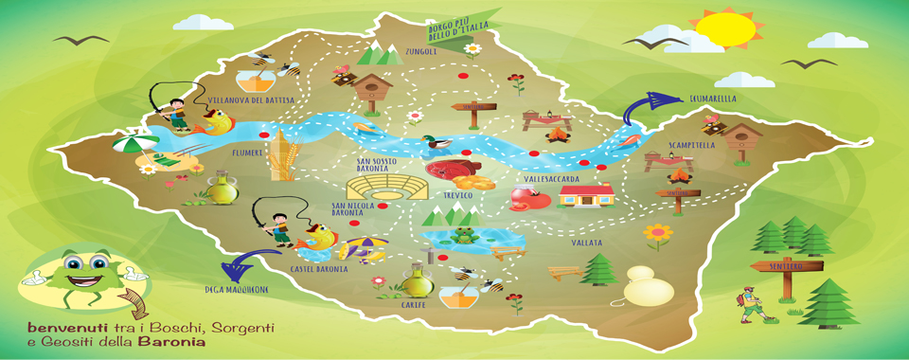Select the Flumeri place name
click(246, 152)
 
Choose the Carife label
click(412, 306)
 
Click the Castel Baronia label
click(319, 269)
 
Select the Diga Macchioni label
click(237, 289)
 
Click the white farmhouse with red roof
click(587, 194)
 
